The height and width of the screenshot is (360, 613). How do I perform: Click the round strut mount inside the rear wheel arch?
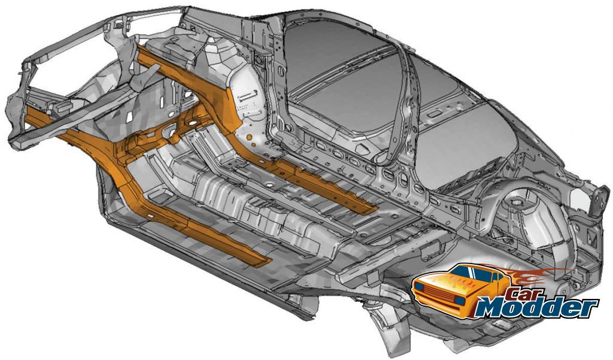(x=517, y=202)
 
